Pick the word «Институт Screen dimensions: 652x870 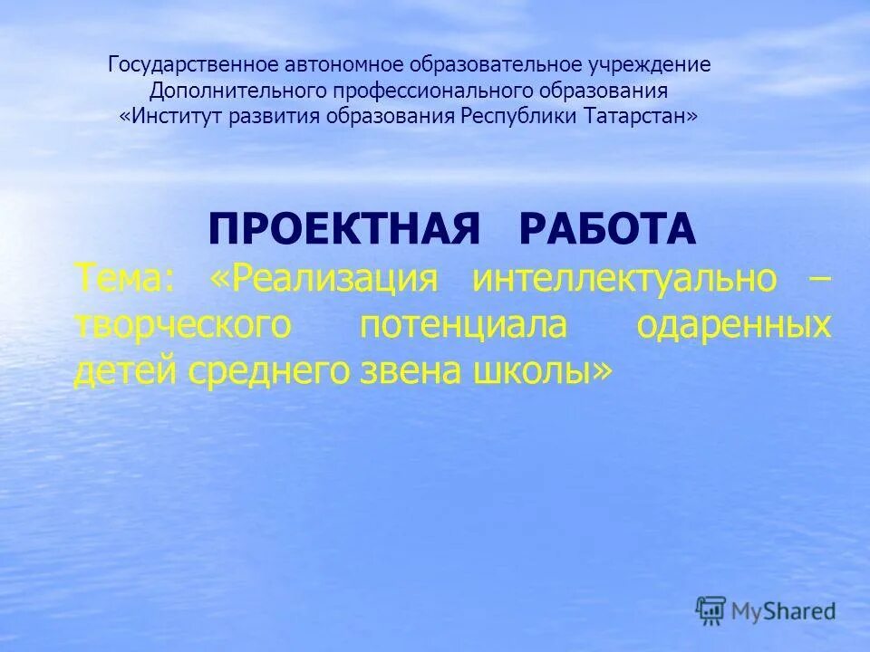click(x=176, y=117)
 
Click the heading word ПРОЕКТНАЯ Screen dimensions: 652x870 click(x=343, y=231)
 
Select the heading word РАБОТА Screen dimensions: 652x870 click(x=607, y=231)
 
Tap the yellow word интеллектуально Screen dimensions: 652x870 click(x=624, y=279)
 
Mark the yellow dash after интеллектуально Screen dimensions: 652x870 click(x=818, y=279)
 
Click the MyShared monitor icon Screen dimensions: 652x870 click(x=710, y=609)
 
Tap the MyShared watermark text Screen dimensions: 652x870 click(x=785, y=611)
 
